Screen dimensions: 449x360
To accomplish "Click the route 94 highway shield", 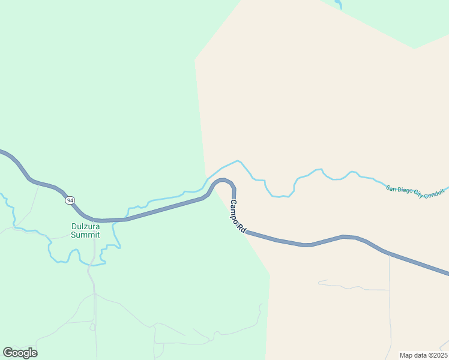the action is point(71,200).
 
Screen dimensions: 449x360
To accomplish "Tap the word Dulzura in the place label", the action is point(85,227).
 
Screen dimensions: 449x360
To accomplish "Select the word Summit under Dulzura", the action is point(85,235).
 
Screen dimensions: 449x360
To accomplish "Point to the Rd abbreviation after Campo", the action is point(243,229).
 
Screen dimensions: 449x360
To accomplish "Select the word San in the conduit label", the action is point(391,188).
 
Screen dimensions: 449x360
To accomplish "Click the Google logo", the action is point(20,353).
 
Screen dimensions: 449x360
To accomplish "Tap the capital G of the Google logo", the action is point(8,353).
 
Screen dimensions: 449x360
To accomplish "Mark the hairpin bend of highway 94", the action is point(223,179).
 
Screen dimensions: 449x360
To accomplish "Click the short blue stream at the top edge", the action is point(339,5).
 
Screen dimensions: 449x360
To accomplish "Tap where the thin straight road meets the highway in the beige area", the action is point(389,254).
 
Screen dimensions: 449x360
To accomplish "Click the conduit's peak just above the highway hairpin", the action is point(238,161).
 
